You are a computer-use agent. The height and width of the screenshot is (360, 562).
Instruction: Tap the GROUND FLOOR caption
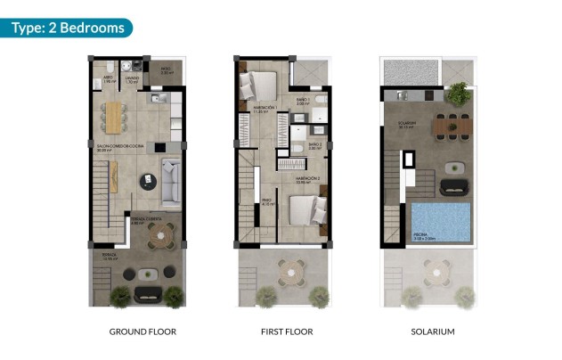tap(143, 331)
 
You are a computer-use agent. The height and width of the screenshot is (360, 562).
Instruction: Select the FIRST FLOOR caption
tap(281, 331)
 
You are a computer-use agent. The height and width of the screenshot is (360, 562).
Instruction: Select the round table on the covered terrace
tap(160, 235)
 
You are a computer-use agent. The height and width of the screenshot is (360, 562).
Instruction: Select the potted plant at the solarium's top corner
tap(459, 92)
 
